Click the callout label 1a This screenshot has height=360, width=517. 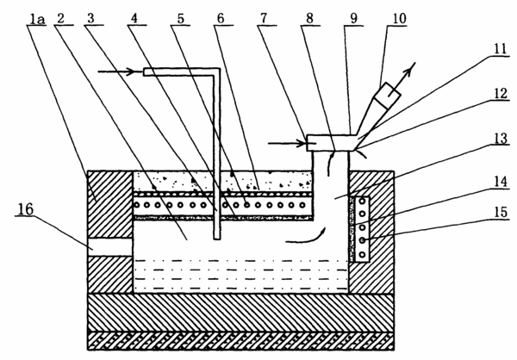coord(37,20)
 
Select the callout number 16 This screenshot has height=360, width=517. coord(26,209)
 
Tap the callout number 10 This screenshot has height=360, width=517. coord(399,18)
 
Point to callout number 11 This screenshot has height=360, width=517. coord(500,49)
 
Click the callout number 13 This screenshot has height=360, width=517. coord(501,139)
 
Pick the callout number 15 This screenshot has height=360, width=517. coord(501,212)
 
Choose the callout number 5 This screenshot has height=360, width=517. coord(181,19)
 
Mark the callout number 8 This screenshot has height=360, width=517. coord(309,18)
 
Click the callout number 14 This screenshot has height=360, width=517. coord(501,182)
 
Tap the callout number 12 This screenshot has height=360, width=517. coord(501,94)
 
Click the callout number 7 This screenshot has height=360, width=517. coord(264,18)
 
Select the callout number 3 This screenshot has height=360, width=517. coord(90,19)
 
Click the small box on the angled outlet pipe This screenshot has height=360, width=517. coord(388,95)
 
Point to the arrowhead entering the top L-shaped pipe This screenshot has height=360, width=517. coord(138,71)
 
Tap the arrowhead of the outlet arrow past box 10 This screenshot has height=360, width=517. coord(411,67)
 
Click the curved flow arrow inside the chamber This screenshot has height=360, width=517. coord(307,238)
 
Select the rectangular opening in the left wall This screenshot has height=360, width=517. coord(110,247)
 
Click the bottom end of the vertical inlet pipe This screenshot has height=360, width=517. coord(216,239)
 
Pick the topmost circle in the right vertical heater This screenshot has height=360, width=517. coord(363,201)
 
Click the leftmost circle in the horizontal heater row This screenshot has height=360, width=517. coord(137,205)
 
